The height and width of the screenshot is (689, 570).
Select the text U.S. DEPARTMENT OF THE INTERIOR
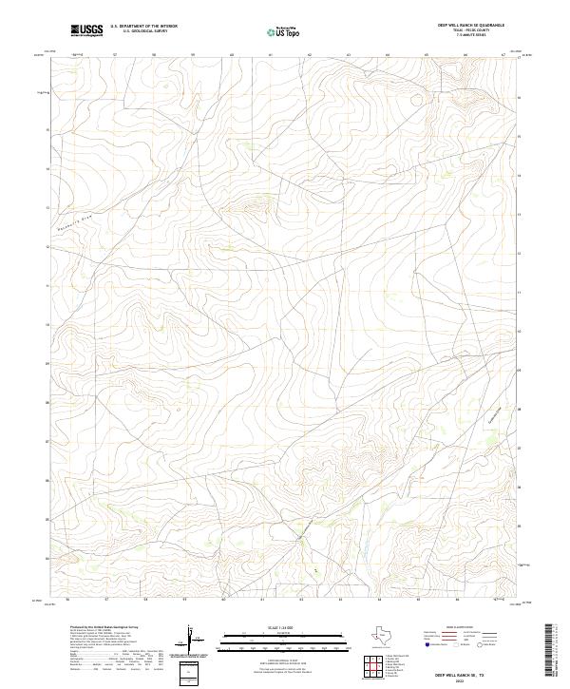pos(143,26)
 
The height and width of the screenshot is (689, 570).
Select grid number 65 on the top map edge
pos(427,55)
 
